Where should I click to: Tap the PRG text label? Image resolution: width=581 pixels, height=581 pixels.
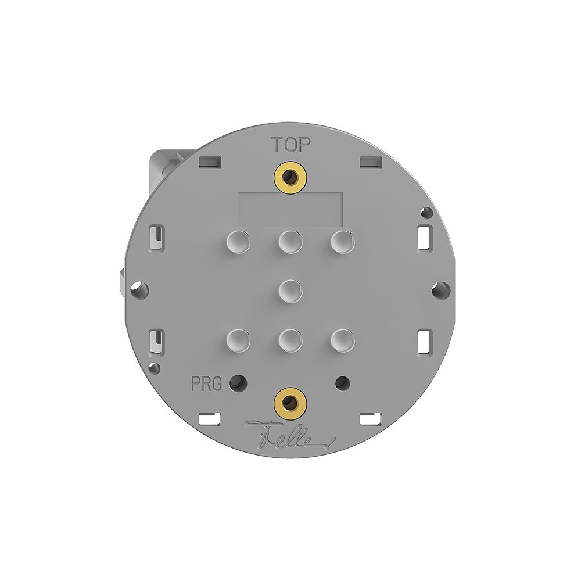tap(206, 384)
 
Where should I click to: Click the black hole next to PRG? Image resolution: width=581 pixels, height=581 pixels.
tap(237, 383)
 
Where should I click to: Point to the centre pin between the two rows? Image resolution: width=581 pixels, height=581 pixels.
tap(290, 289)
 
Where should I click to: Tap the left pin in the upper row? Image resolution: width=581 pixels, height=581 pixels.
tap(239, 241)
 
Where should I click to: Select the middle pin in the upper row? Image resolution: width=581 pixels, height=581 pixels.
tap(290, 241)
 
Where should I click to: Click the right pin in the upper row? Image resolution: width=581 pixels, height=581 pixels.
tap(342, 241)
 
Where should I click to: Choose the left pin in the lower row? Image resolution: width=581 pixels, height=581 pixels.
tap(239, 339)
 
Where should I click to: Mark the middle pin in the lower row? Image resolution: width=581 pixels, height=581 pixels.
tap(290, 339)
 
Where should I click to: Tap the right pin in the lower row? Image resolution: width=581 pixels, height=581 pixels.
tap(342, 339)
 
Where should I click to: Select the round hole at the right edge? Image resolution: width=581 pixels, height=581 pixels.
tap(441, 288)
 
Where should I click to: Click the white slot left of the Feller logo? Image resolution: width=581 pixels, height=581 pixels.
tap(210, 417)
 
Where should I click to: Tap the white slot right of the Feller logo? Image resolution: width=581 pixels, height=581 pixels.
tap(370, 417)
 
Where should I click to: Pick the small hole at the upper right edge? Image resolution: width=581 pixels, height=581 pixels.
tap(426, 212)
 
